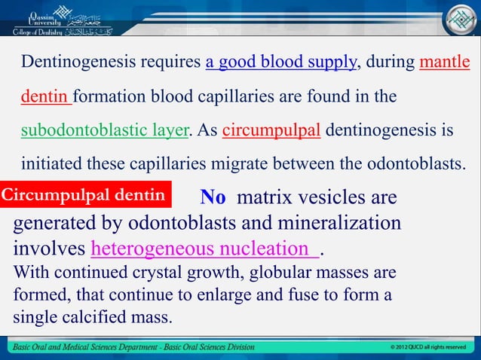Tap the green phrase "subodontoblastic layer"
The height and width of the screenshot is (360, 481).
[x=104, y=130]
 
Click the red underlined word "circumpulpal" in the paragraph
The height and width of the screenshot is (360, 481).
[x=272, y=130]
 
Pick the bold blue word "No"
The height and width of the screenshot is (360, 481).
[x=213, y=197]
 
